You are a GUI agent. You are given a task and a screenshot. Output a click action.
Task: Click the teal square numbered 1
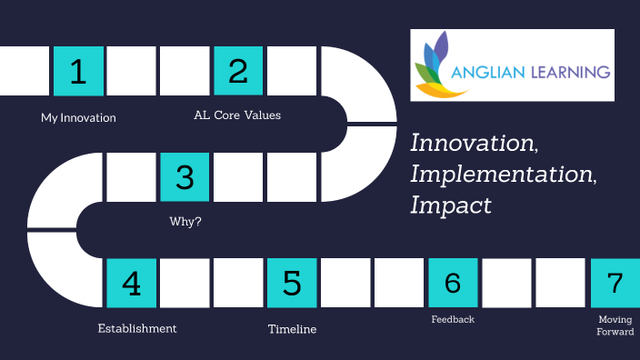tap(79, 71)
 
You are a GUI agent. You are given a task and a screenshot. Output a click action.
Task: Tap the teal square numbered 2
tap(238, 71)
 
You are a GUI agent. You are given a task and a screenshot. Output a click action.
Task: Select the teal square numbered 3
tap(185, 176)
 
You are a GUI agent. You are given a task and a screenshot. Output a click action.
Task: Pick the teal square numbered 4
tap(132, 283)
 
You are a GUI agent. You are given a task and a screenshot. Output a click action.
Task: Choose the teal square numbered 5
tap(292, 283)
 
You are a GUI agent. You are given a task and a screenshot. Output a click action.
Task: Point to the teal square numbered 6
tap(452, 283)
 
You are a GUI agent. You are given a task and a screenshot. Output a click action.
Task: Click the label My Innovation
tap(78, 117)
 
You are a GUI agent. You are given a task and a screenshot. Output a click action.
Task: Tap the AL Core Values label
tap(237, 115)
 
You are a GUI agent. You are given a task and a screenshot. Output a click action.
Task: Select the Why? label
tap(185, 221)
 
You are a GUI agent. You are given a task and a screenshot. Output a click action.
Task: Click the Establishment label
tap(137, 328)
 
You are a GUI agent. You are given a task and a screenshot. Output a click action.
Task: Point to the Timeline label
tap(292, 329)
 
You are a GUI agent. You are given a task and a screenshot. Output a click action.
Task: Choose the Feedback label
tap(453, 319)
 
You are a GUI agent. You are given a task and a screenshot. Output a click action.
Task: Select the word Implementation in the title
tap(503, 175)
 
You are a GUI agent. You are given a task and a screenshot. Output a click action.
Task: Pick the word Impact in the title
tap(451, 205)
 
